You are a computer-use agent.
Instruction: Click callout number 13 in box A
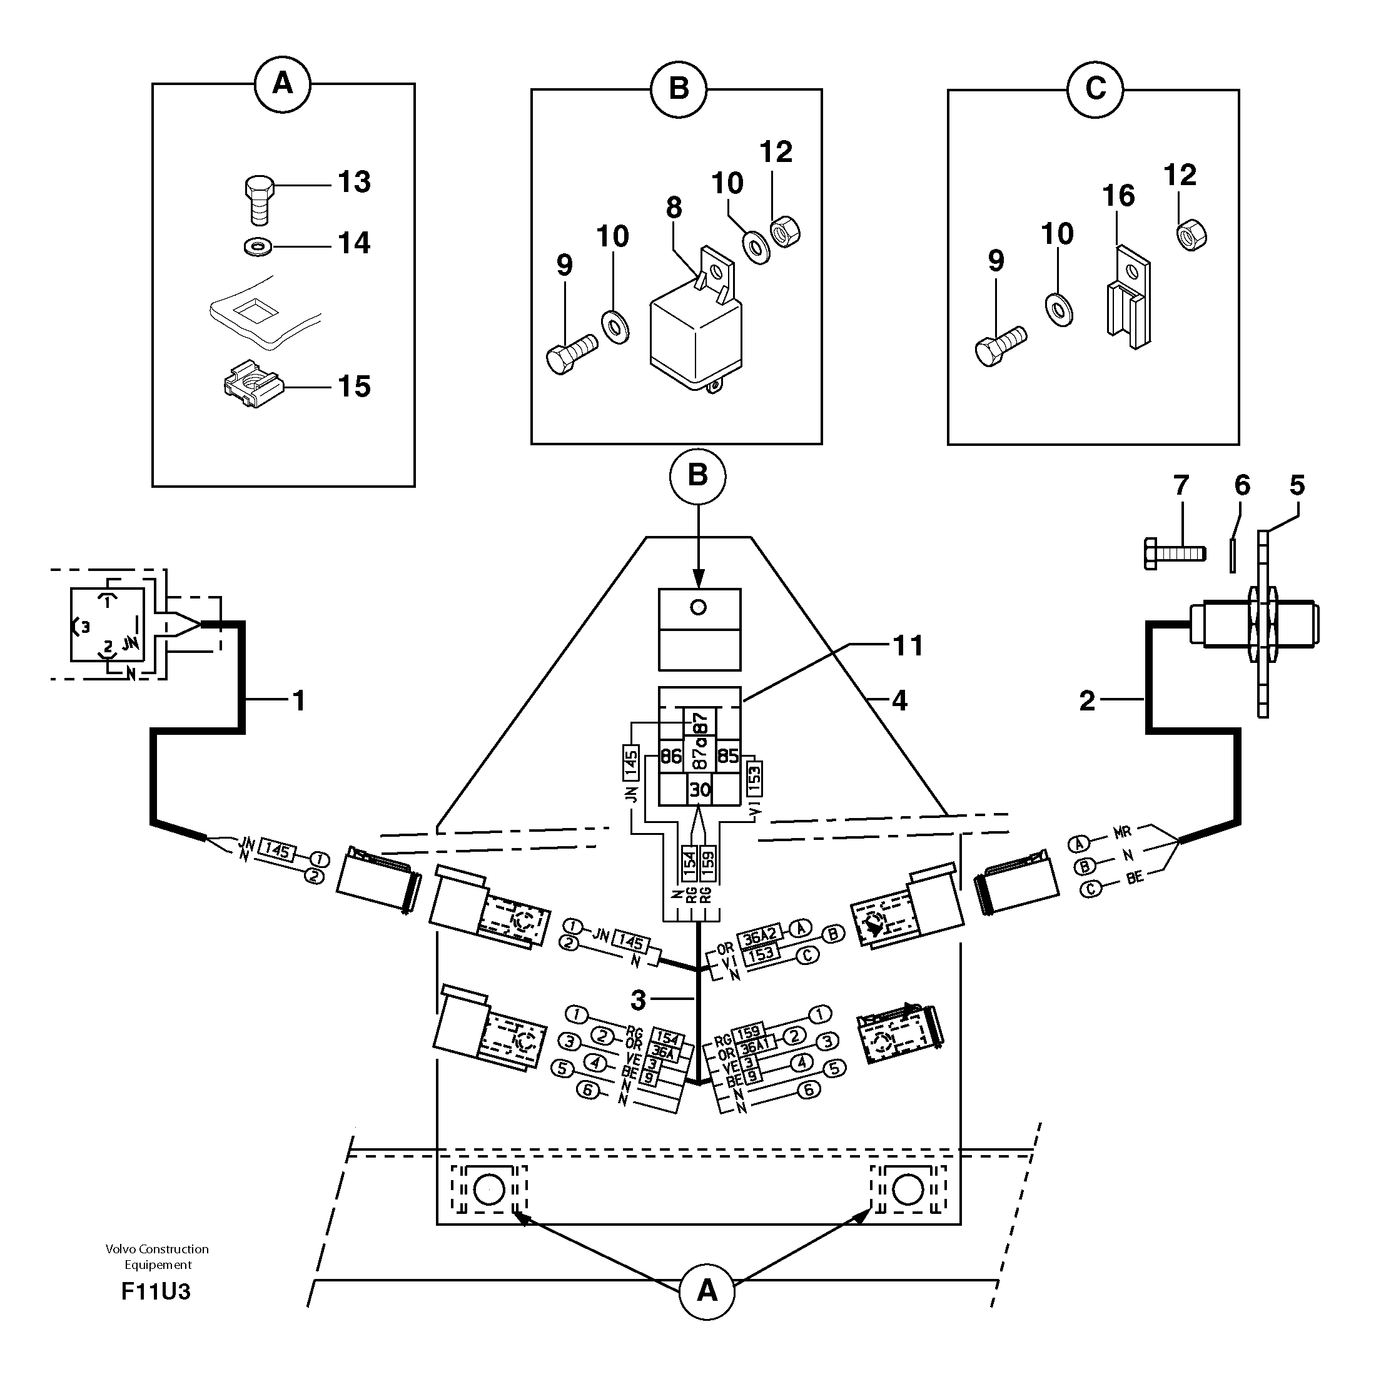pos(353,182)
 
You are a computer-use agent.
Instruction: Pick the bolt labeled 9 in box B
pos(570,353)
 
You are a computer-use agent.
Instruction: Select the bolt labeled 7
pos(1174,554)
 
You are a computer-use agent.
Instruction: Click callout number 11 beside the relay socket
pos(908,645)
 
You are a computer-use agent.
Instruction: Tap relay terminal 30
pos(699,790)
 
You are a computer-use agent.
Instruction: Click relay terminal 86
pos(671,756)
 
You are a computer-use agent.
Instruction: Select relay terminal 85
pos(727,756)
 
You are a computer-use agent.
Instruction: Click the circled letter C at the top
pos(1095,88)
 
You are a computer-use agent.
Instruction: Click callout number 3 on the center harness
pos(637,1000)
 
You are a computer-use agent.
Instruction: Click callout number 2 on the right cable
pos(1086,700)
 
